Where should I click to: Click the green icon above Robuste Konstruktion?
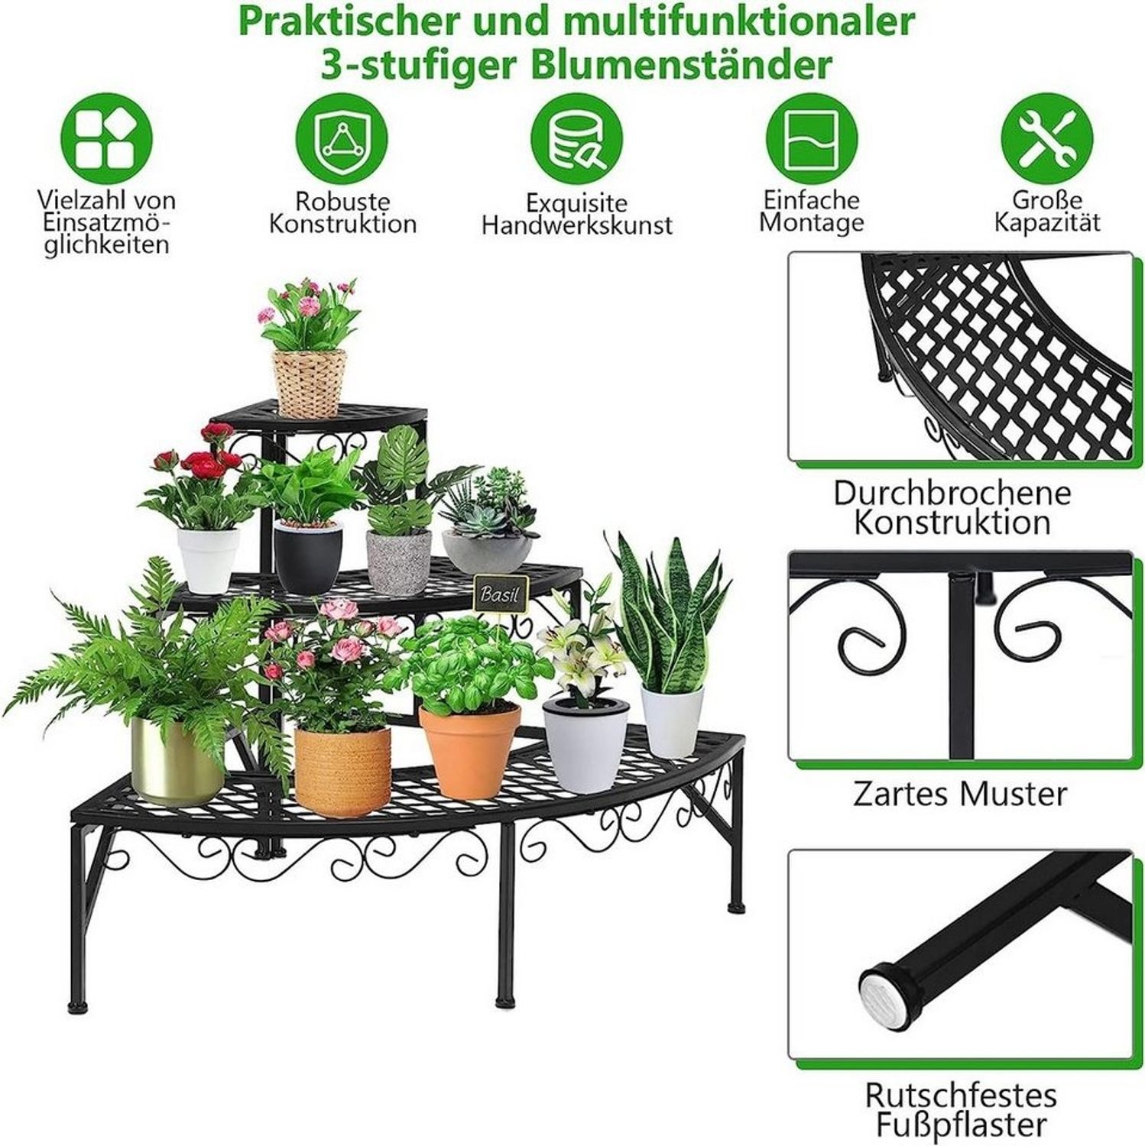(342, 139)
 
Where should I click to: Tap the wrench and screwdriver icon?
(1047, 139)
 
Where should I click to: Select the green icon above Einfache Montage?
(812, 139)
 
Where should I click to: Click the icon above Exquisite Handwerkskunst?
(576, 139)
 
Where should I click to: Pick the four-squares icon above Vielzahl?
(106, 139)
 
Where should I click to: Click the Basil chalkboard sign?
(500, 593)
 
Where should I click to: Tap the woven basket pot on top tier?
(310, 384)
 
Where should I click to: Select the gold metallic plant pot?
(177, 760)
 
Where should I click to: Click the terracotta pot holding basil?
(469, 751)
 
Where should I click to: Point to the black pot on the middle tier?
(308, 557)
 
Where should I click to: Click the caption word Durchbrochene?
(952, 492)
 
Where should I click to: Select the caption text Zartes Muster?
(960, 794)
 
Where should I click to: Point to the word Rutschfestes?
(961, 1095)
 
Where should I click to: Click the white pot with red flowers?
(208, 559)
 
